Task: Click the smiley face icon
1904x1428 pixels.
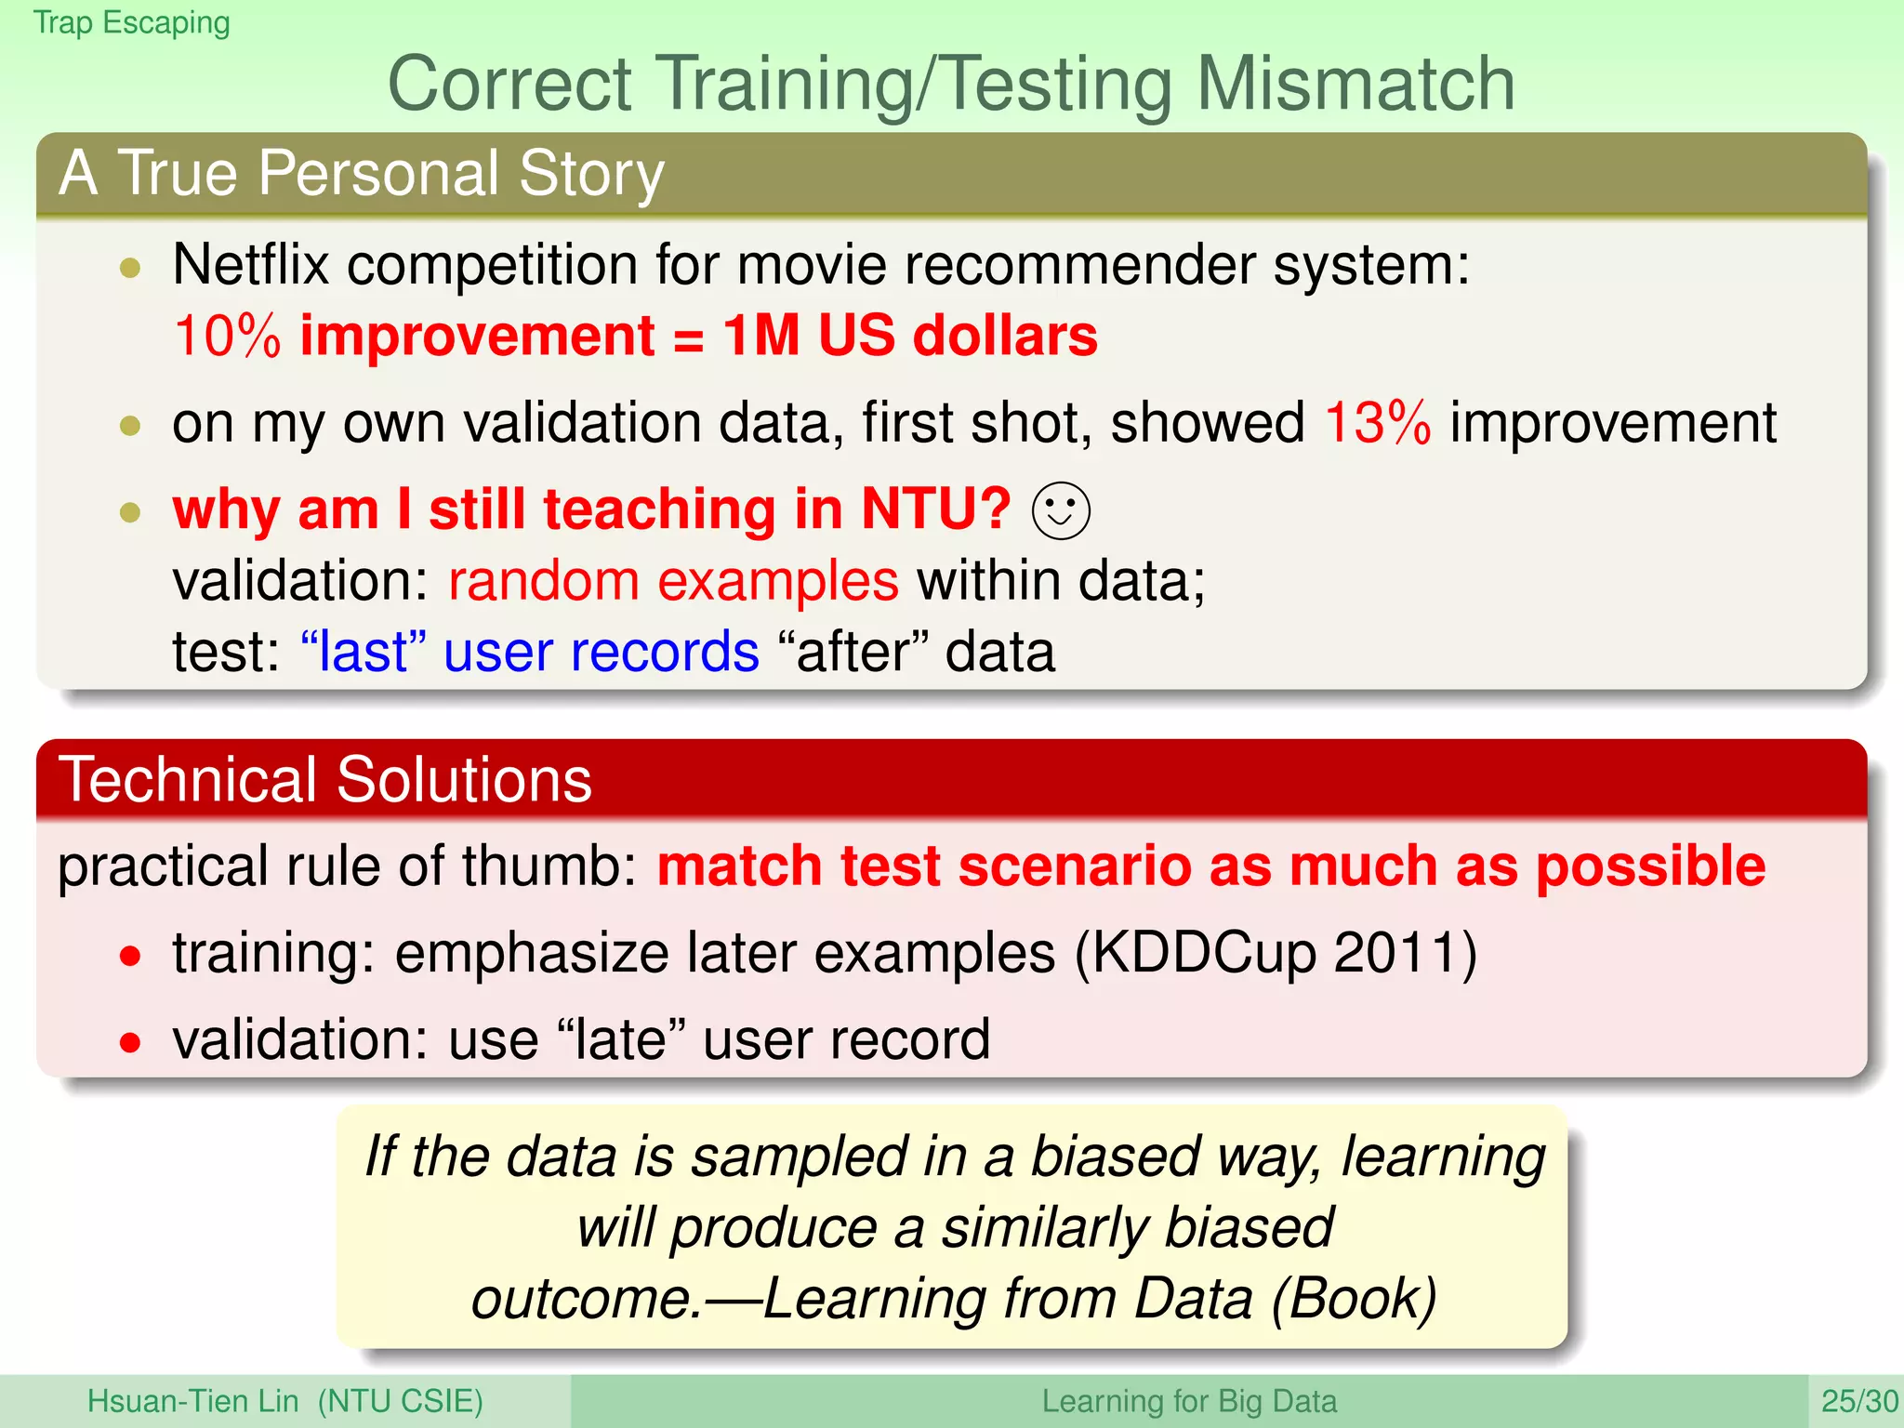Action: (1061, 510)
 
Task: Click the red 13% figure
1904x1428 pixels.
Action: (1377, 424)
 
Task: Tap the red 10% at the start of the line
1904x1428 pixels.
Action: (227, 336)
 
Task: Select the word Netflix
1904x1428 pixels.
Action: (251, 265)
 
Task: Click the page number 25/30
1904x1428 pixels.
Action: (1858, 1401)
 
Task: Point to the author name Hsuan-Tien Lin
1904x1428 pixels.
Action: (192, 1401)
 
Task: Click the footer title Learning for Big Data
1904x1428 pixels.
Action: (1188, 1401)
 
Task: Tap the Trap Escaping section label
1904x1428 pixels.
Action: (131, 21)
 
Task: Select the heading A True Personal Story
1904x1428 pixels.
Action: (361, 173)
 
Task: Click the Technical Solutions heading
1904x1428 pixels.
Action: (325, 779)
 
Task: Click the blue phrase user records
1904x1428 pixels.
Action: (601, 651)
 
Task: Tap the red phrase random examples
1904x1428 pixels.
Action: (673, 581)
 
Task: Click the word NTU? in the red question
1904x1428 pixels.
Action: (935, 509)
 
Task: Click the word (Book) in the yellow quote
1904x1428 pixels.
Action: (1354, 1299)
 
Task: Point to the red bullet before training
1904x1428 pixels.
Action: (130, 956)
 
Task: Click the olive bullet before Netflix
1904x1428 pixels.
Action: (130, 269)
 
